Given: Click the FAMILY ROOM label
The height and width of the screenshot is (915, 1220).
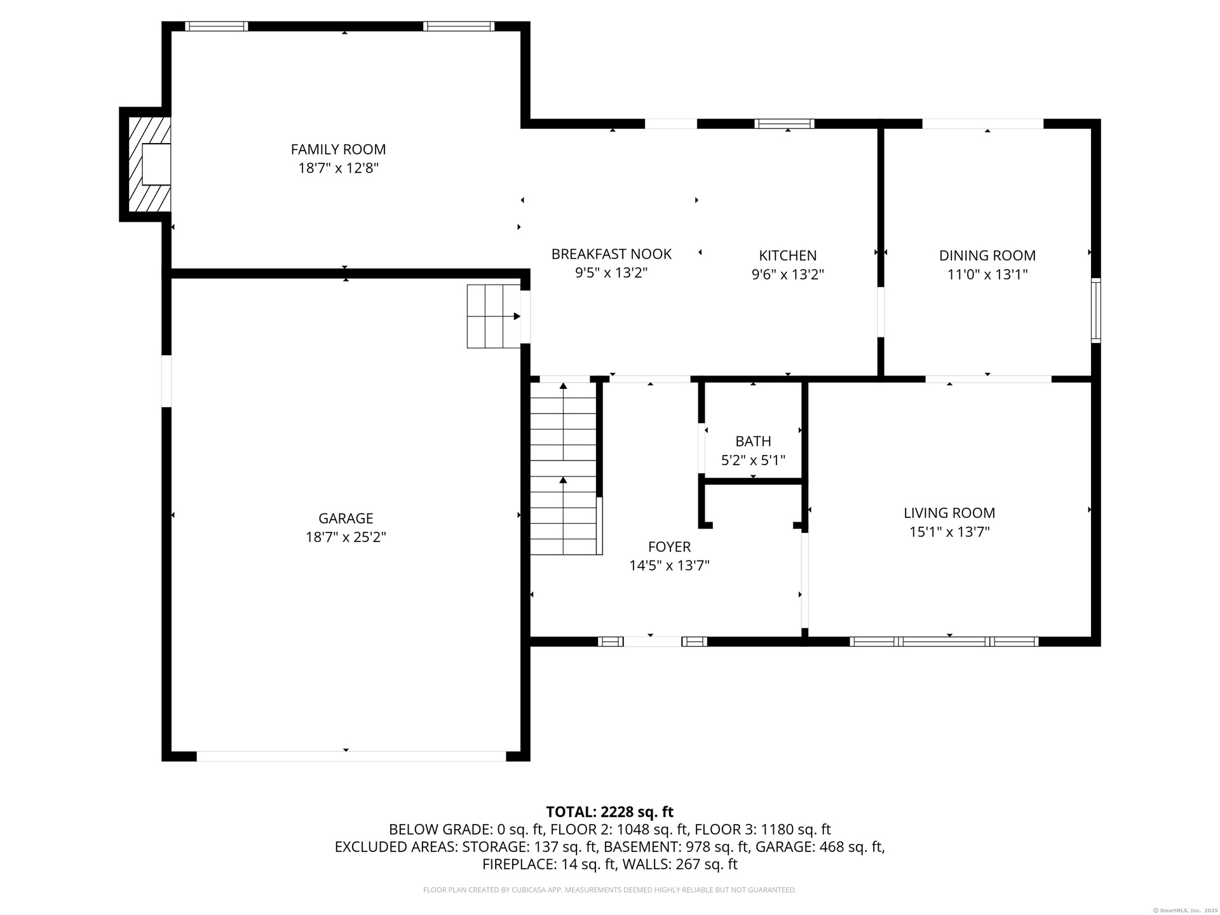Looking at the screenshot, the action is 338,149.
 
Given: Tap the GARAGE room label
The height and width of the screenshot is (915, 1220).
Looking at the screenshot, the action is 346,518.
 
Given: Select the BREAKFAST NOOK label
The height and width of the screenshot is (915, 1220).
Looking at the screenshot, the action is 611,254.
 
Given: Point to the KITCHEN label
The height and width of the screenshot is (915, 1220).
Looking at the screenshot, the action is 787,255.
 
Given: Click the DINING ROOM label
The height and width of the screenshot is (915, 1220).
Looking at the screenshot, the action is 987,255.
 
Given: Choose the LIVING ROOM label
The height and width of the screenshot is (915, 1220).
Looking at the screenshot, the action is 949,513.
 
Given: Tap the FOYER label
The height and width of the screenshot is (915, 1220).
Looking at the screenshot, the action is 669,546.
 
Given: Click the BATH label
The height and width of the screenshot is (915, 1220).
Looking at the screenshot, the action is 753,441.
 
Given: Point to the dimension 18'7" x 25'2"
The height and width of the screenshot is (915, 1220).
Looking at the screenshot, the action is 346,537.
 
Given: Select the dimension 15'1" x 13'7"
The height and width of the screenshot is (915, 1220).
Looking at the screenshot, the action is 949,532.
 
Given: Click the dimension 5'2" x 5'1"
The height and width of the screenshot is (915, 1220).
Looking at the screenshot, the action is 753,460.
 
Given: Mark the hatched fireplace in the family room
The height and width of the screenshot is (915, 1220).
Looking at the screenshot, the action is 150,164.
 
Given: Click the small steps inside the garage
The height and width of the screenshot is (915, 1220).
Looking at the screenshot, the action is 494,316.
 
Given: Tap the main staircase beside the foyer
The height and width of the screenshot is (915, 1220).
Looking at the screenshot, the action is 563,468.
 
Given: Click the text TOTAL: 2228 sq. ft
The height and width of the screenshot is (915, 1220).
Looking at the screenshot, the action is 609,812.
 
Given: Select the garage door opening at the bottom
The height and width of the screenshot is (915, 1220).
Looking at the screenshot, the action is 351,756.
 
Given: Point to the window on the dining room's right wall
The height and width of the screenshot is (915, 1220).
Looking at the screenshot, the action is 1095,311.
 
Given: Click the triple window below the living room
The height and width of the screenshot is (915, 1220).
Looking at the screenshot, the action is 944,642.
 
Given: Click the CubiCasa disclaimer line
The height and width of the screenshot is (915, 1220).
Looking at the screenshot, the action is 609,890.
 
